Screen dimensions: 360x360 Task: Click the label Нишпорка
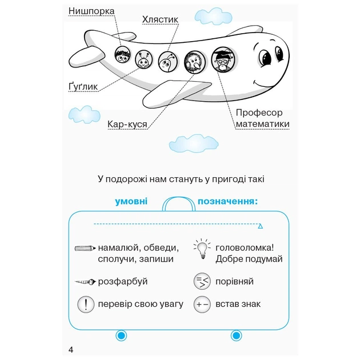pyautogui.click(x=91, y=11)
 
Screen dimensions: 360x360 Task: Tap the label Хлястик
pyautogui.click(x=160, y=20)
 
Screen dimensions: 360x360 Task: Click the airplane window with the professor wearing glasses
pyautogui.click(x=222, y=58)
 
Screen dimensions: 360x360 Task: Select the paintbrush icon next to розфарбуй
pyautogui.click(x=85, y=282)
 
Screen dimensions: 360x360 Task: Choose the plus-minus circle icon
pyautogui.click(x=202, y=304)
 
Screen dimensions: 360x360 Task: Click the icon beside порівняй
pyautogui.click(x=202, y=281)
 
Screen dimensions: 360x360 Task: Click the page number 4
pyautogui.click(x=70, y=350)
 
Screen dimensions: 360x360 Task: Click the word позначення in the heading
pyautogui.click(x=227, y=201)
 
